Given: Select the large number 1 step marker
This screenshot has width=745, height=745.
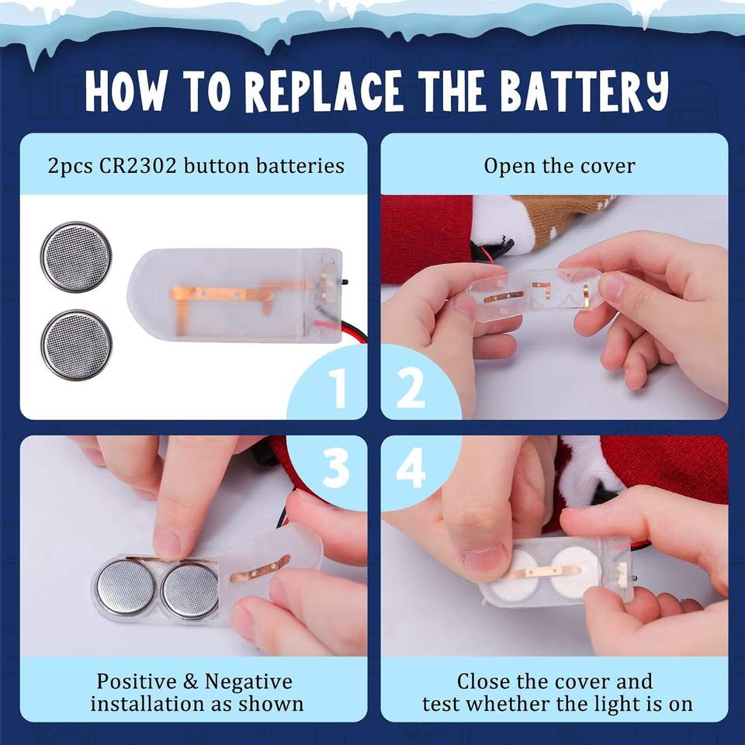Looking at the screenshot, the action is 338,388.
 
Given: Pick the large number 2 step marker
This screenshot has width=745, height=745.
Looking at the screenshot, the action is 411,388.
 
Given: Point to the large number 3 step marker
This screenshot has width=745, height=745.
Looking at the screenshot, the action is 336,467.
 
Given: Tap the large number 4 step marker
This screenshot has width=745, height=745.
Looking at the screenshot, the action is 411,467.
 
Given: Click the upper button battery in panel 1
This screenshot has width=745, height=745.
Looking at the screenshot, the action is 76,257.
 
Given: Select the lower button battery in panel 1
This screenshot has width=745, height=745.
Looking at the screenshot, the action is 76,345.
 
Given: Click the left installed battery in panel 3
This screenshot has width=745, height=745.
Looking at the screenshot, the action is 125,588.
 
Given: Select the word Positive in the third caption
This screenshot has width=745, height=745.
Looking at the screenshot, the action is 137,682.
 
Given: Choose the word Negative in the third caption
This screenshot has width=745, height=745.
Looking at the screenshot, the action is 248,683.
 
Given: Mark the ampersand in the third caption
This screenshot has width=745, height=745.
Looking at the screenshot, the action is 191,682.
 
